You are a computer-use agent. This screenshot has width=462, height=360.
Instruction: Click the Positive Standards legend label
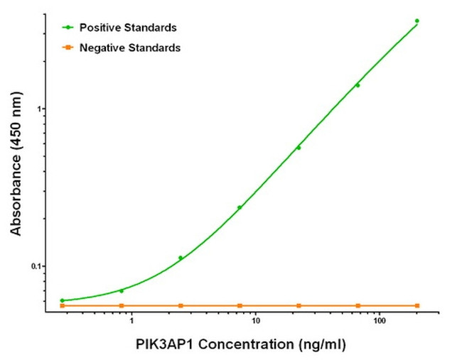[x=128, y=28]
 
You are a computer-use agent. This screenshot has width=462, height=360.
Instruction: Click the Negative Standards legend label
[x=129, y=48]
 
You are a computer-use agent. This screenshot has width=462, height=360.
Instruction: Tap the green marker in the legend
[x=68, y=28]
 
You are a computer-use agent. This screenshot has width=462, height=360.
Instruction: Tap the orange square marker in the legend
[x=68, y=48]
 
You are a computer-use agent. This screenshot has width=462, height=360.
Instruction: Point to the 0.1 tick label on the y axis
[x=37, y=266]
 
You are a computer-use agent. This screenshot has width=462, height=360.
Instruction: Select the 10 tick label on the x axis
[x=255, y=322]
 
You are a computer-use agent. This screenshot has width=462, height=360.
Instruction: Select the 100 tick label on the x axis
[x=379, y=322]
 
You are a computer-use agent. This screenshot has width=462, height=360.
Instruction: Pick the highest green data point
[x=417, y=21]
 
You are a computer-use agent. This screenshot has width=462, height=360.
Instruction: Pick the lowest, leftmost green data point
[x=63, y=300]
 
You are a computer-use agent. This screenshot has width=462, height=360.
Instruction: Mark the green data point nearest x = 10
[x=240, y=207]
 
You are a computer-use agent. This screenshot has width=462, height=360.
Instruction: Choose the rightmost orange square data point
[x=417, y=305]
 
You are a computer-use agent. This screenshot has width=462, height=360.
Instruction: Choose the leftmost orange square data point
[x=63, y=305]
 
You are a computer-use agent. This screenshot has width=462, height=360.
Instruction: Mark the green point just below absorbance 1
[x=299, y=148]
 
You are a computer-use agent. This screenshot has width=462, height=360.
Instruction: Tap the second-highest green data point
[x=358, y=85]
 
